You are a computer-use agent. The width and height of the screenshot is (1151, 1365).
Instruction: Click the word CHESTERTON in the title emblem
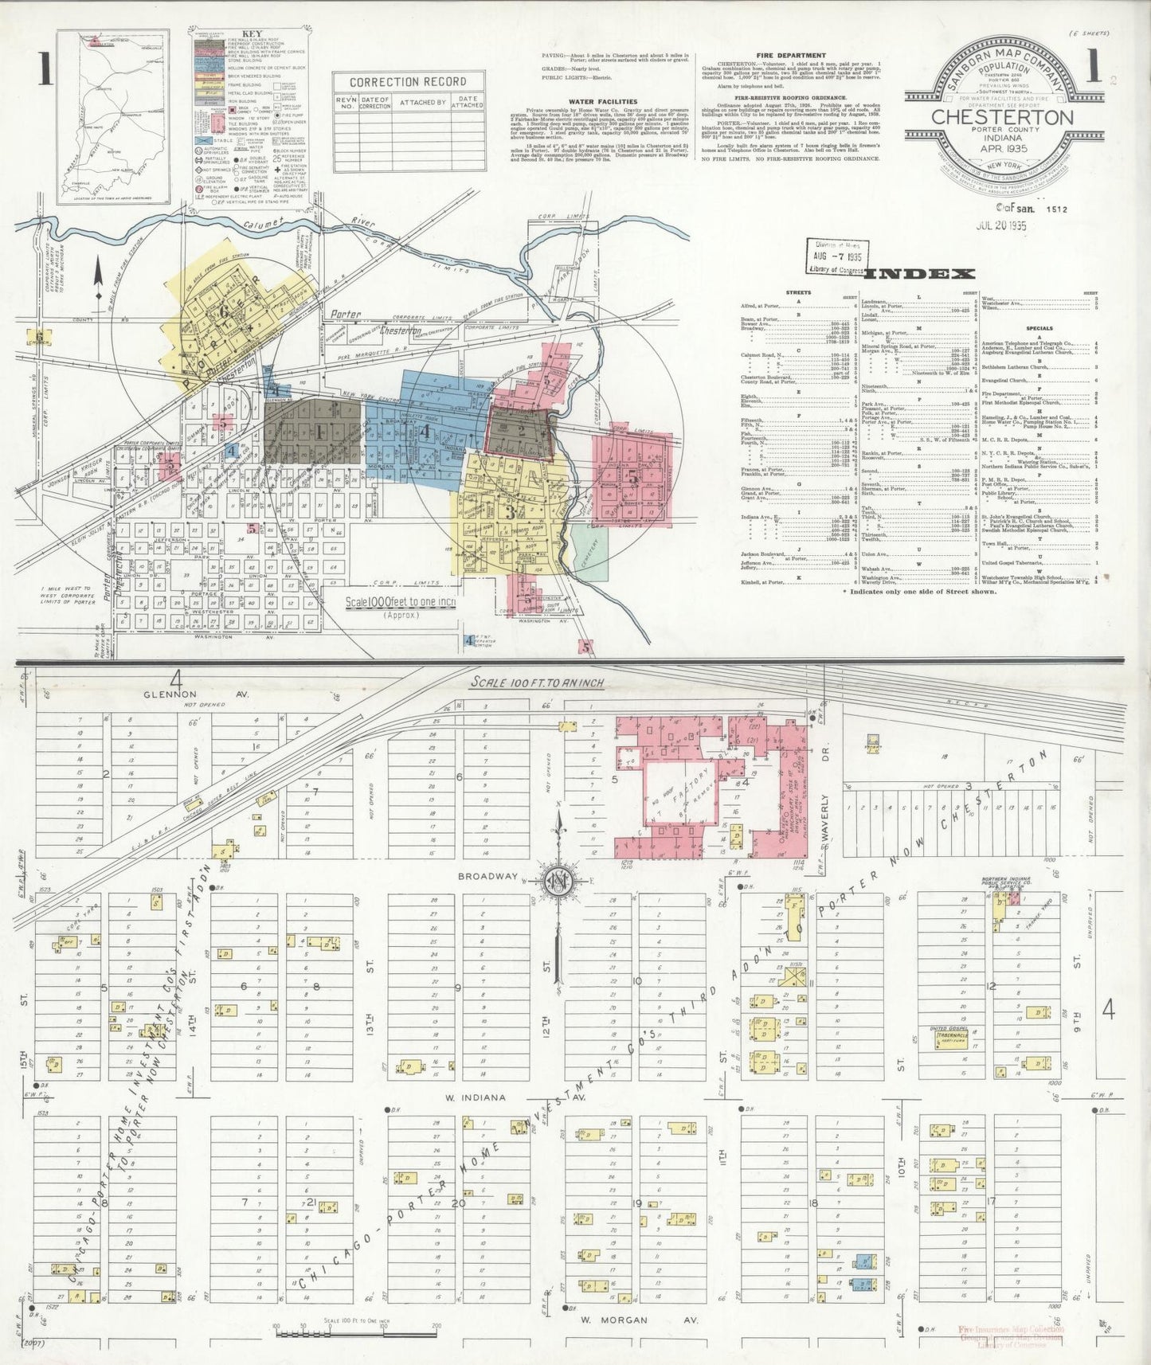click(x=1002, y=116)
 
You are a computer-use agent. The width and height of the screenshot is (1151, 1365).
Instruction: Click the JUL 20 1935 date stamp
click(x=1001, y=225)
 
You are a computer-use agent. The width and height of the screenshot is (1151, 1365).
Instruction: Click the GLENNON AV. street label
click(x=196, y=694)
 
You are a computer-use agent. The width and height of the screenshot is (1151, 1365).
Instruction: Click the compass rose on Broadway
click(x=560, y=881)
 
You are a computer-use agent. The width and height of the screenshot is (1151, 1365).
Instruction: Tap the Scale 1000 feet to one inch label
click(x=400, y=602)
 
